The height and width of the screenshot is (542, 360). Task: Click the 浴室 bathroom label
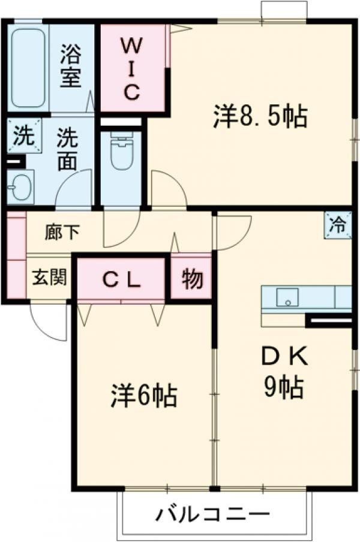[x=71, y=67]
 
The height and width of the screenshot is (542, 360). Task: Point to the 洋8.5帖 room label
[x=260, y=116]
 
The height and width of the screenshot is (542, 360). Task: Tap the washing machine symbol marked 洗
[x=21, y=135]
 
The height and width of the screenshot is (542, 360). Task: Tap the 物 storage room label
[x=191, y=278]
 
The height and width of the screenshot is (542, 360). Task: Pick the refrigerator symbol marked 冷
[x=337, y=226]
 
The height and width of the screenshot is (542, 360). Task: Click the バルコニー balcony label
[x=213, y=514]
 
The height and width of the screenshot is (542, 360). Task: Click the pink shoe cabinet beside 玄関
[x=16, y=255]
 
